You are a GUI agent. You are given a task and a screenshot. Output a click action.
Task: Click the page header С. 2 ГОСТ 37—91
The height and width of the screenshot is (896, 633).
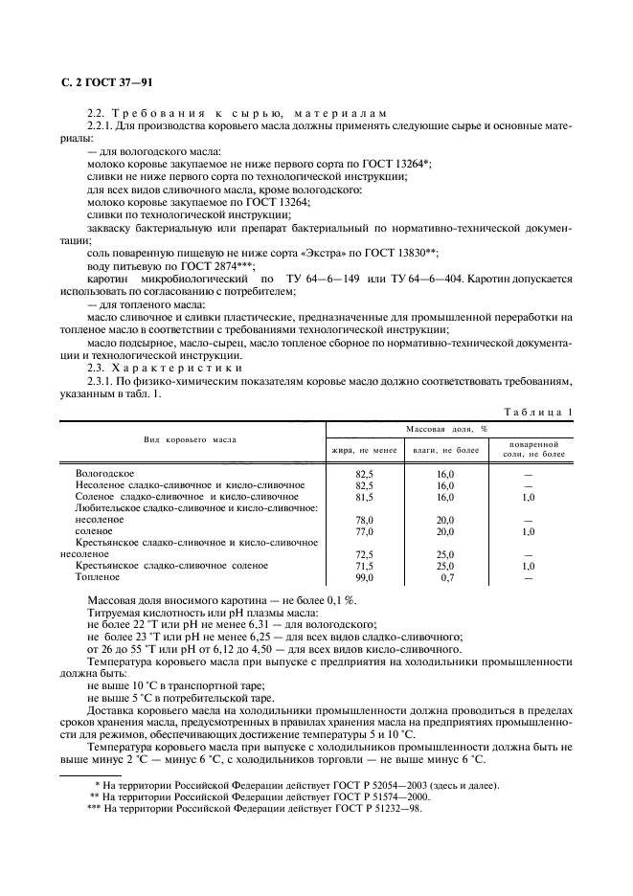click(101, 92)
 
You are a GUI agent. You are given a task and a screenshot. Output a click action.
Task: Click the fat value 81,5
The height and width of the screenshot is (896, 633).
click(364, 497)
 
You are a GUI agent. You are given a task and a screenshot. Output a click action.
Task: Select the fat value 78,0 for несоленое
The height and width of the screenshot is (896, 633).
click(364, 520)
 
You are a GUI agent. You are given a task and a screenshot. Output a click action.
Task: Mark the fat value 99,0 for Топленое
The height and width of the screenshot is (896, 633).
click(364, 578)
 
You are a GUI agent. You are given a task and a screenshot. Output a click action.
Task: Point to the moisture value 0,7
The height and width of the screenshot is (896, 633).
click(445, 578)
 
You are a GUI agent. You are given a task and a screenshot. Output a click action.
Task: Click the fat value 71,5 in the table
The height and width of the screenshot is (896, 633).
click(364, 567)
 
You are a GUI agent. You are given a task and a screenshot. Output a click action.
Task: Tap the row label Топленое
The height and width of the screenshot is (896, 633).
click(98, 578)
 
